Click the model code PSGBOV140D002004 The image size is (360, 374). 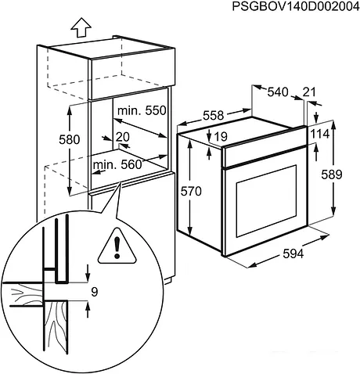[295, 7]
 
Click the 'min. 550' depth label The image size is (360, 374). [143, 111]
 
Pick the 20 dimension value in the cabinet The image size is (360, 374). [122, 137]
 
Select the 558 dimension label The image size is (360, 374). [213, 115]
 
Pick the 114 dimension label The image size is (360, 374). [320, 135]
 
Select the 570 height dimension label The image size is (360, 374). [202, 191]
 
